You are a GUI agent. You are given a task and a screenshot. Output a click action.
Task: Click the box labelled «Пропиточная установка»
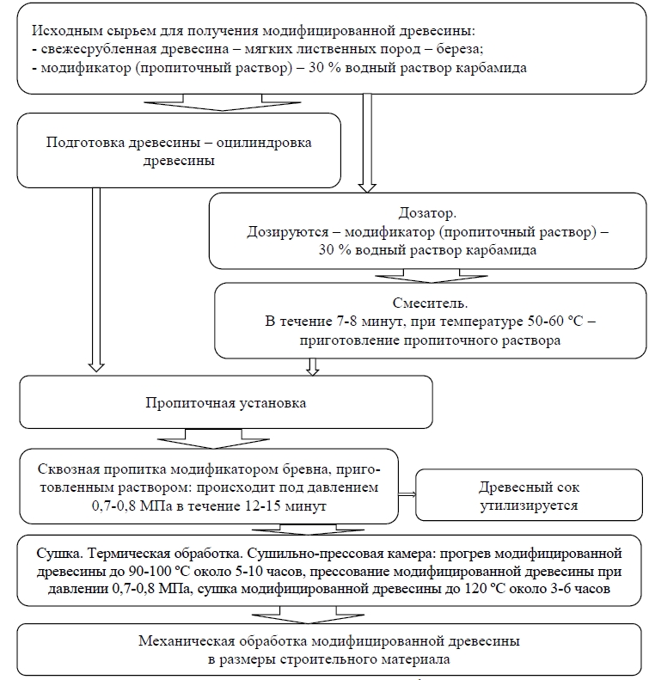coord(226,401)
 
